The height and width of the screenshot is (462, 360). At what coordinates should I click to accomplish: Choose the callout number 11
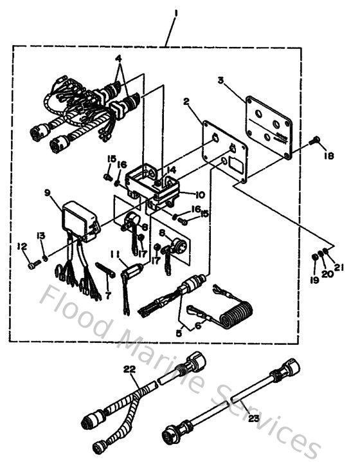[x=114, y=254]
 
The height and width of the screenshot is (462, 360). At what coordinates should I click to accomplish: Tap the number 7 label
[x=107, y=294]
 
